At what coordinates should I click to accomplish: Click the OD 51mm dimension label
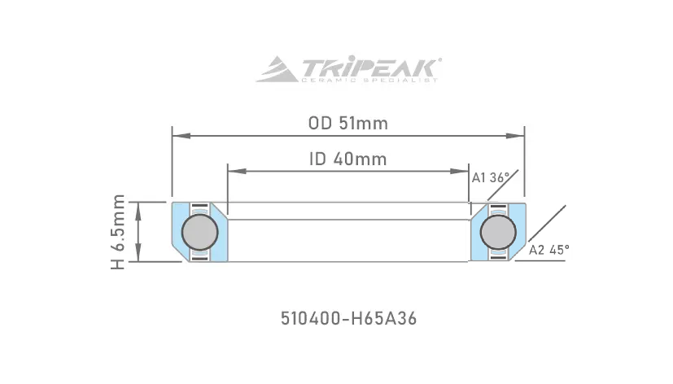(x=348, y=124)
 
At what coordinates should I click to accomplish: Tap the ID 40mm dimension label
(x=348, y=159)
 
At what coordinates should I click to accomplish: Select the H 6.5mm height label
(x=118, y=232)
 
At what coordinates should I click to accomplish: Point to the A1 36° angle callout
(x=491, y=177)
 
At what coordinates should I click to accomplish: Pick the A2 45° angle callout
(x=549, y=250)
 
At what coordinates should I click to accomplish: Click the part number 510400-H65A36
(x=348, y=319)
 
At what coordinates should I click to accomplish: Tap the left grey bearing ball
(x=200, y=232)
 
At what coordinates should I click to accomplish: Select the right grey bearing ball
(x=498, y=232)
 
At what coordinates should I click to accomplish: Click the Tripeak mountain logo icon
(x=278, y=69)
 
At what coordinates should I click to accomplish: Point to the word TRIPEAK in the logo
(x=370, y=67)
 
